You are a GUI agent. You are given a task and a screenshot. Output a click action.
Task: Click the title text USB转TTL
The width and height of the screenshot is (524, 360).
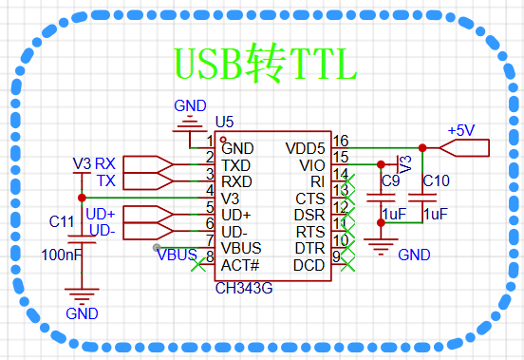tap(266, 64)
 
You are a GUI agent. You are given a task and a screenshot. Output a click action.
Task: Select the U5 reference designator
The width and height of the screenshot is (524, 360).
tap(224, 123)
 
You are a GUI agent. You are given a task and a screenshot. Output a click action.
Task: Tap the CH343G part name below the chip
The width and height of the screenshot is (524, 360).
tap(244, 288)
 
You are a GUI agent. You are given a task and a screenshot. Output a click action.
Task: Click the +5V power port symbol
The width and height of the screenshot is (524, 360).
tap(464, 148)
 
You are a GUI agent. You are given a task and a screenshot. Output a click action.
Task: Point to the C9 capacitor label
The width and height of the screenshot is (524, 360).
tap(391, 180)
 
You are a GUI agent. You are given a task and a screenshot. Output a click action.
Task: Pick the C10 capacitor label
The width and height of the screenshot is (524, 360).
tap(436, 180)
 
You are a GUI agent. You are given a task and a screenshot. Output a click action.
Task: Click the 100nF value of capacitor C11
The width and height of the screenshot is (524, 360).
tap(62, 256)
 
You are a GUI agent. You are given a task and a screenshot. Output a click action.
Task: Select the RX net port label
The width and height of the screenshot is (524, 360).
tap(105, 163)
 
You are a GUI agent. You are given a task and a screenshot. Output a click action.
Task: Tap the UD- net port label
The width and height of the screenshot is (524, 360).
tap(103, 230)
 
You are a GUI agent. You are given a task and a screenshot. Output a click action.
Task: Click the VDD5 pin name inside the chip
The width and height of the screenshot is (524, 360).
tap(305, 148)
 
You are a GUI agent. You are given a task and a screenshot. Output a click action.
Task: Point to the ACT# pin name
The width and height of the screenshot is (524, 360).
tap(240, 265)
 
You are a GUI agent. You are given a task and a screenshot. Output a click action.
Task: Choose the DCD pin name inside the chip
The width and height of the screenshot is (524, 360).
tap(309, 265)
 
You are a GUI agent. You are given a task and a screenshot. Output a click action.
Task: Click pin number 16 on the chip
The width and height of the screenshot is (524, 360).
tap(341, 141)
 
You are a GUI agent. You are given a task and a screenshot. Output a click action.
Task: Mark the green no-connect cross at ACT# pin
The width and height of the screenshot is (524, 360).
tap(198, 265)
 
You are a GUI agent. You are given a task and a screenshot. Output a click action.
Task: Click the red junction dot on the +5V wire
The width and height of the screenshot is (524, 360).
tap(422, 148)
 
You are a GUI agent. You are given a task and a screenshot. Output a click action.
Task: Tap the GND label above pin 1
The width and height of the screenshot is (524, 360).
tap(190, 106)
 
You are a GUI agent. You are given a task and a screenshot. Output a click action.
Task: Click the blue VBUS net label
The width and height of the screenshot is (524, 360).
tap(178, 256)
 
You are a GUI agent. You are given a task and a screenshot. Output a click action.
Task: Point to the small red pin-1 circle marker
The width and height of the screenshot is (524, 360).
tap(223, 140)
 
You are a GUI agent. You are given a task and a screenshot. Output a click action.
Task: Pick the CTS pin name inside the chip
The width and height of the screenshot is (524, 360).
tap(310, 199)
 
